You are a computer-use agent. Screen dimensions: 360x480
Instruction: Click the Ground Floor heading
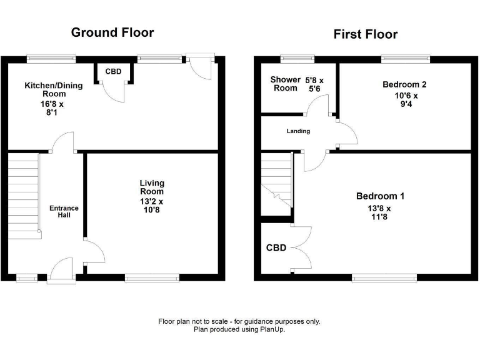[x=112, y=32]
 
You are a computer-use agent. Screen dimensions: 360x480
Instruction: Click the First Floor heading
[x=366, y=34]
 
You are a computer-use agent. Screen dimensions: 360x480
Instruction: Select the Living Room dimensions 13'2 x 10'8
[x=152, y=206]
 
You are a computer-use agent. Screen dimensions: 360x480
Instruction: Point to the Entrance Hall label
[x=64, y=211]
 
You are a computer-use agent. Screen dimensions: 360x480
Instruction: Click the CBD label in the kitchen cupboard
[x=113, y=72]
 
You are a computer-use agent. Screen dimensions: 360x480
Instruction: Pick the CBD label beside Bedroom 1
[x=276, y=248]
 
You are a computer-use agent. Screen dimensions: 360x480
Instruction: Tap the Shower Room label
[x=284, y=84]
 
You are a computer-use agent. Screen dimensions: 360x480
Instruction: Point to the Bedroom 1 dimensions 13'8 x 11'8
[x=379, y=213]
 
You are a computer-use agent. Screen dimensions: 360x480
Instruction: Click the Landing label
[x=298, y=131]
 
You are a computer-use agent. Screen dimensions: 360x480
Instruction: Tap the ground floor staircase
[x=24, y=194]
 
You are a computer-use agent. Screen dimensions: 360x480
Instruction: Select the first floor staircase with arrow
[x=277, y=181]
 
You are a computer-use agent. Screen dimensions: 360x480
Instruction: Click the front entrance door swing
[x=61, y=271]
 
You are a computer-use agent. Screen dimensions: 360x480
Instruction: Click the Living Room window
[x=152, y=277]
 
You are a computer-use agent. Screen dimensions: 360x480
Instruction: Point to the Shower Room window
[x=298, y=59]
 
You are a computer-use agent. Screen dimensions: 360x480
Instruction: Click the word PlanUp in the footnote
[x=269, y=329]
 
